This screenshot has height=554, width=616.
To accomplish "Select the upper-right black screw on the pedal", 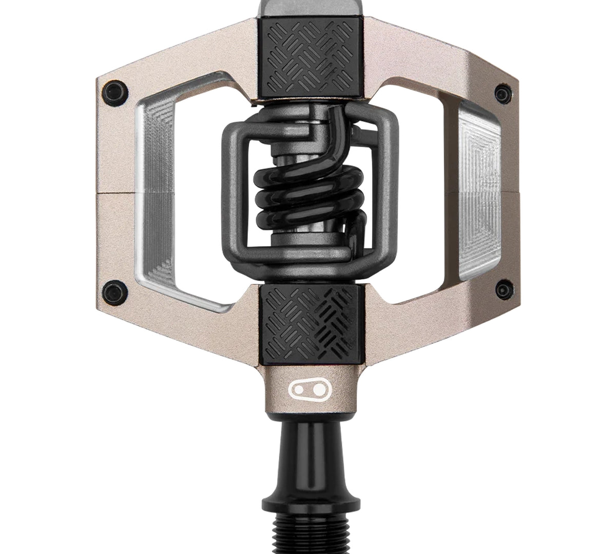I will coord(499,93).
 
